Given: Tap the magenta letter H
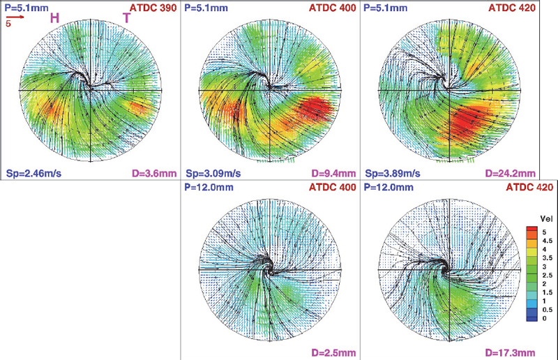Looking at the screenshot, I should (x=54, y=18).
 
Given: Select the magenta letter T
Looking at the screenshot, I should (x=126, y=19).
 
